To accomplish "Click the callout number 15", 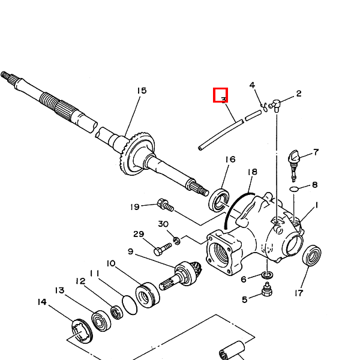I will click(142, 91).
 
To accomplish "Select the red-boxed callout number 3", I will click(221, 95).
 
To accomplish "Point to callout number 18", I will click(252, 172).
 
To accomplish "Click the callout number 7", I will click(316, 152).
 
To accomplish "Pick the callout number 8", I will click(314, 185).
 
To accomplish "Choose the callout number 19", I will click(135, 207).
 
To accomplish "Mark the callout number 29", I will click(139, 234).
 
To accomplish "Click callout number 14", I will click(41, 302).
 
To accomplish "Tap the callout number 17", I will click(299, 293).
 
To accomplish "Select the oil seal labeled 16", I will click(221, 200).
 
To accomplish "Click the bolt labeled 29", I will click(161, 247).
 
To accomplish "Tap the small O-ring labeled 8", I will click(293, 189).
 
